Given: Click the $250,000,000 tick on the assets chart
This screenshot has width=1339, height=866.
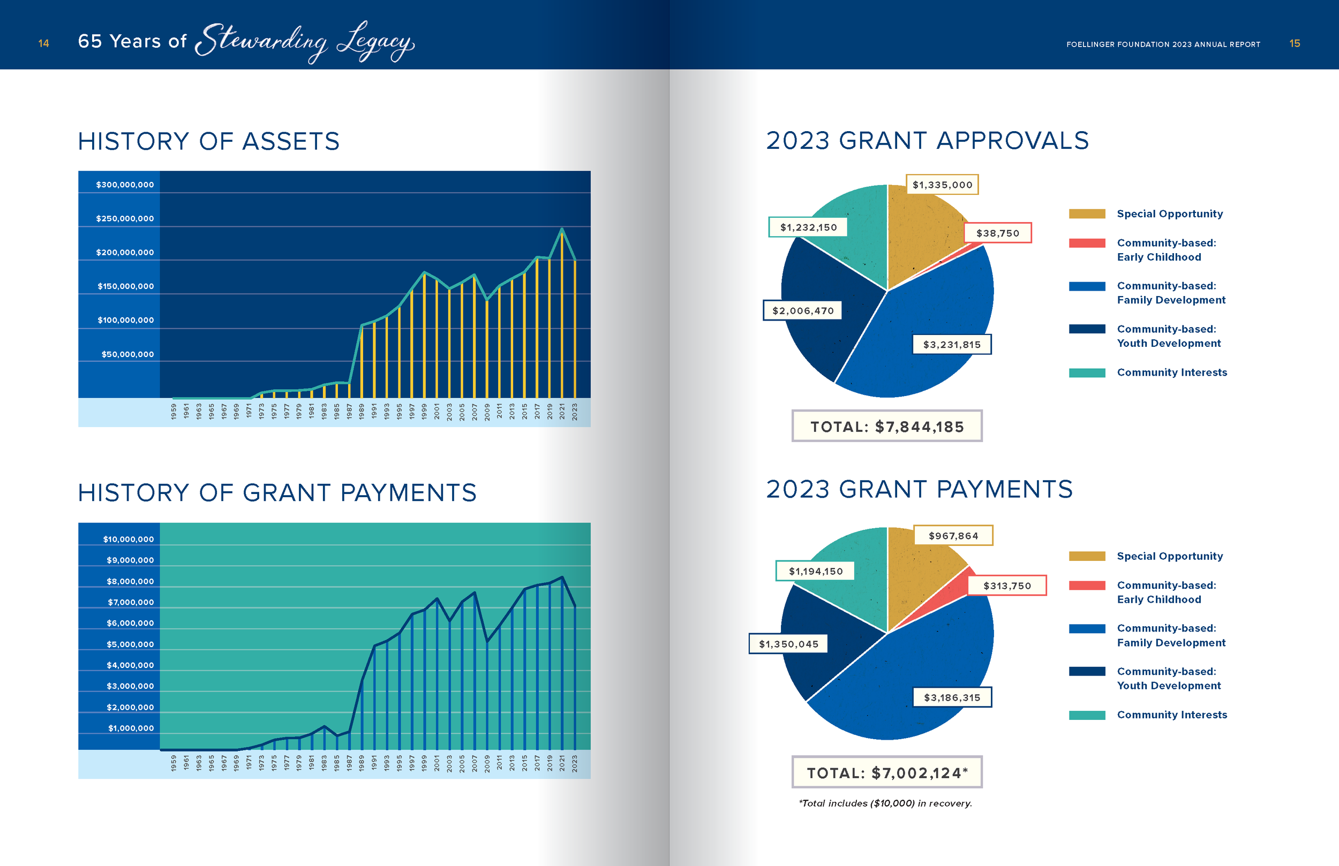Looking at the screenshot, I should tap(124, 218).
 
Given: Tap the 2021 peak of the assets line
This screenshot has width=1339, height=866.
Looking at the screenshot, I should tap(561, 230).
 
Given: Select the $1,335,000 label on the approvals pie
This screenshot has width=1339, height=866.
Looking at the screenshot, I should tap(942, 185).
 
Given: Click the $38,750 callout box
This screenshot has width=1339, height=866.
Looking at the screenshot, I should tap(997, 233).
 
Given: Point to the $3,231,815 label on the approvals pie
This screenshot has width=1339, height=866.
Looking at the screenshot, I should tap(951, 344).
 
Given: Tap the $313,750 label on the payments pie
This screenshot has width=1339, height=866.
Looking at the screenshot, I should tap(1006, 586).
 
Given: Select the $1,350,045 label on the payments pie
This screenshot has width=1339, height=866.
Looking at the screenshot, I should tap(788, 644).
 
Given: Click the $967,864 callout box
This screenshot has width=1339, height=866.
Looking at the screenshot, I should tap(953, 535).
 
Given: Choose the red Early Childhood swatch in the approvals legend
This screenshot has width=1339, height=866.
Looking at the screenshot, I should tap(1086, 243).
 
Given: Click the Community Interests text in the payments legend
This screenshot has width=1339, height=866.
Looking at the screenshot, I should tap(1171, 715).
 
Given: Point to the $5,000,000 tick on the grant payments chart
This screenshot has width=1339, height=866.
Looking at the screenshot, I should tap(130, 644).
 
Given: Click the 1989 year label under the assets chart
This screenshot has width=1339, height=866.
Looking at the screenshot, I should tap(362, 411).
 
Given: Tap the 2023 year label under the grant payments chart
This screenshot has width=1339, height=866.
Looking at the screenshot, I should tap(574, 763).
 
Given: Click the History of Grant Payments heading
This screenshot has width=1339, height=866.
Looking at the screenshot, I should tap(277, 492).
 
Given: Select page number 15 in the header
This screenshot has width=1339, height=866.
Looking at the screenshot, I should tap(1294, 43).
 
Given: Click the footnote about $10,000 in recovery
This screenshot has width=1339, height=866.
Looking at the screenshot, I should tap(885, 803).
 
